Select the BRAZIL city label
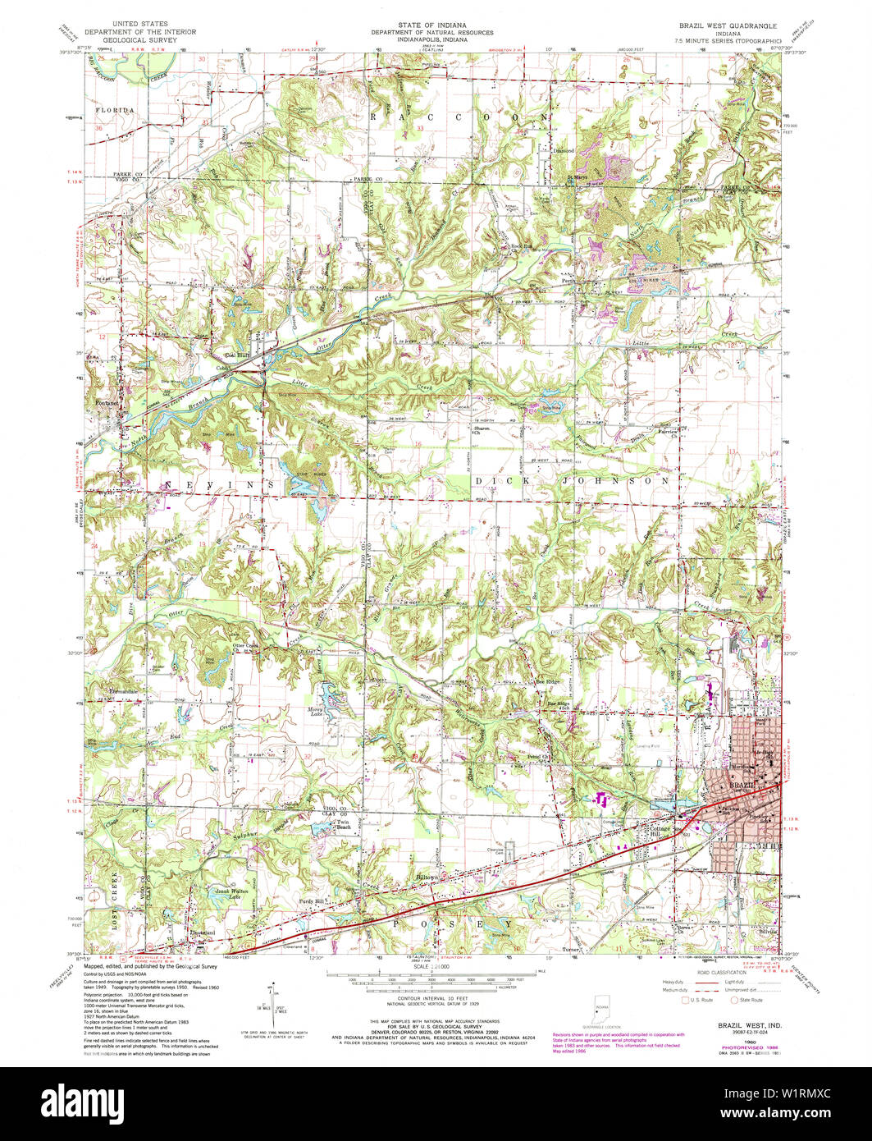[x=743, y=785]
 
